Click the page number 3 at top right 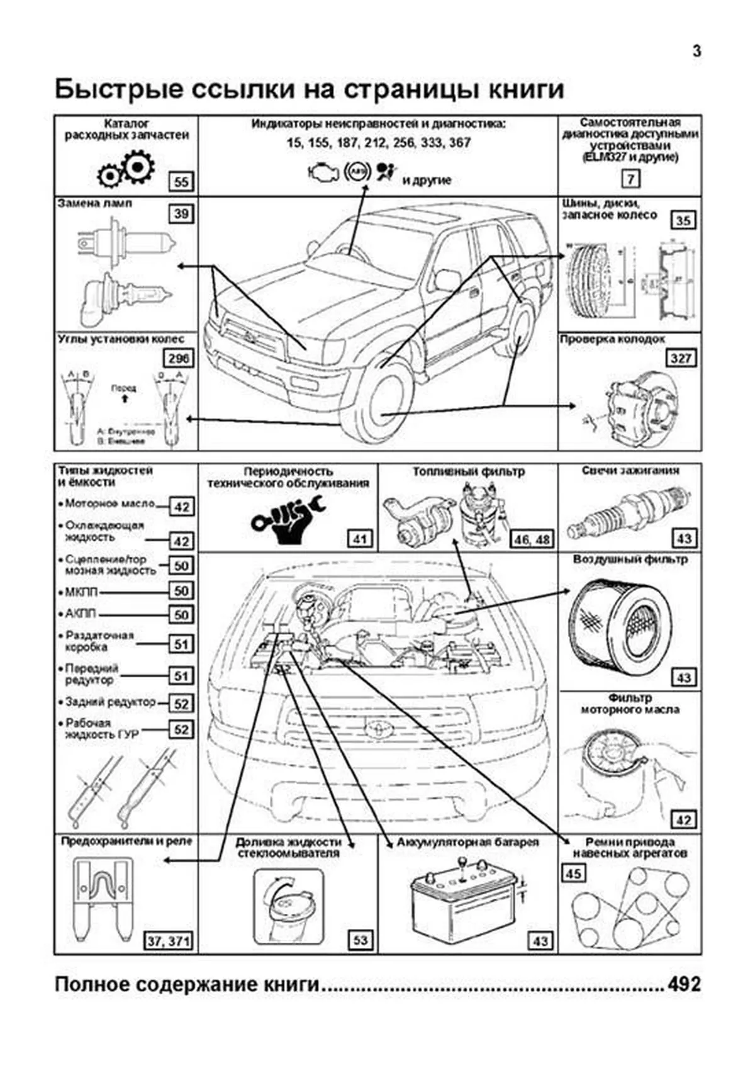[x=696, y=51]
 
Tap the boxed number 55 [x=181, y=182]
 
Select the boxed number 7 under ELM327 [x=630, y=179]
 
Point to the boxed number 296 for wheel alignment [x=179, y=358]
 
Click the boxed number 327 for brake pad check [x=681, y=358]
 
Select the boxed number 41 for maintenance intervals [x=359, y=539]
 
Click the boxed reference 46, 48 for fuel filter [x=532, y=539]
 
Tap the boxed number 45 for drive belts [x=573, y=874]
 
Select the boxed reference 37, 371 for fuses [x=168, y=941]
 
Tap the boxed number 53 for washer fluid [x=360, y=940]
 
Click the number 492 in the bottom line [x=683, y=984]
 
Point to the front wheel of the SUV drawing [x=381, y=403]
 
